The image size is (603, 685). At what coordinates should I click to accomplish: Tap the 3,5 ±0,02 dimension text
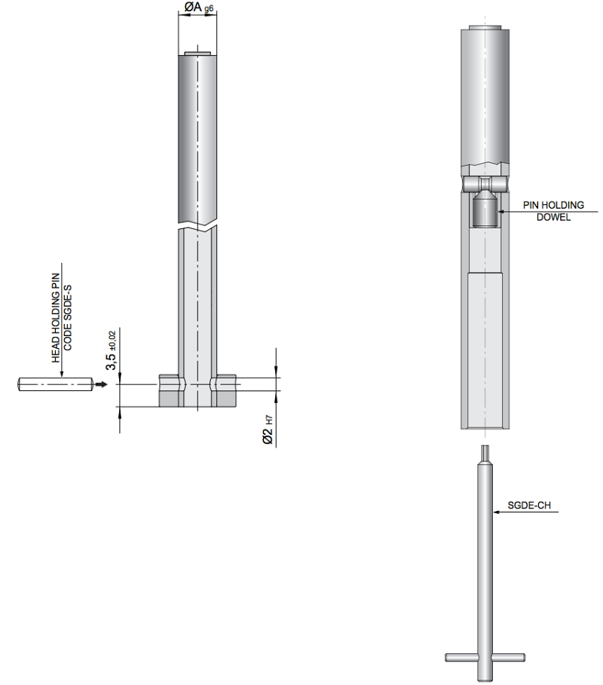coord(112,350)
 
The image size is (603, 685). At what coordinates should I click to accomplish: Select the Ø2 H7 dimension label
coord(268,430)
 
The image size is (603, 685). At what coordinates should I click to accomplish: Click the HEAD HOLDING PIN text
coord(56,317)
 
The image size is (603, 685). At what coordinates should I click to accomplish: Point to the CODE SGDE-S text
coord(67,317)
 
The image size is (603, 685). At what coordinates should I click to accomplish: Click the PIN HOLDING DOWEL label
coord(553,211)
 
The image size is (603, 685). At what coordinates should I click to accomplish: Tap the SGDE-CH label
coord(528,506)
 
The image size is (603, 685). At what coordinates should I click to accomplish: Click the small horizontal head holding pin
coord(55,384)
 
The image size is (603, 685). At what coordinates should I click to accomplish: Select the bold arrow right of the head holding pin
coord(101,384)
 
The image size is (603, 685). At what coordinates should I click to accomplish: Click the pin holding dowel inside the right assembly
coord(484,209)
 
